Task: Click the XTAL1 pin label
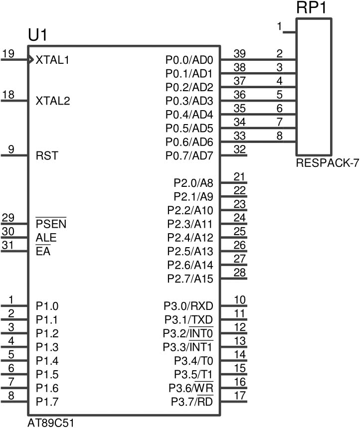coord(52,60)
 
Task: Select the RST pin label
coord(47,156)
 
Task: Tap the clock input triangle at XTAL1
coord(31,59)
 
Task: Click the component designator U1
coord(38,35)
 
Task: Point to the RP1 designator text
coord(311,7)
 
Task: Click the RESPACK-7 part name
coord(327,163)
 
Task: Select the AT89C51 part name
coord(51,423)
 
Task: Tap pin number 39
coord(239,53)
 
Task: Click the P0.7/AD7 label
coord(189,156)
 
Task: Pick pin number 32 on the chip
coord(239,149)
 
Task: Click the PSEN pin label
coord(51,224)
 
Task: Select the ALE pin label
coord(46,238)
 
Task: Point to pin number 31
coord(7,245)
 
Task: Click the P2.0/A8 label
coord(193,183)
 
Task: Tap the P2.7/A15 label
coord(190,279)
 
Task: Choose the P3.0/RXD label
coord(188,306)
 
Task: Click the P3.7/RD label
coord(192,402)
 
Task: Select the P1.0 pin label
coord(47,306)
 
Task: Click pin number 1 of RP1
coord(279,26)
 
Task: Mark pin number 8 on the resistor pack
coord(279,136)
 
